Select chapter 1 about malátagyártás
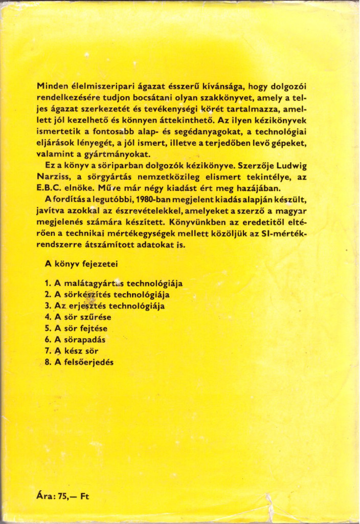point(114,283)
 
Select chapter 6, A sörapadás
point(75,340)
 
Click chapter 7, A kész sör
point(71,351)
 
